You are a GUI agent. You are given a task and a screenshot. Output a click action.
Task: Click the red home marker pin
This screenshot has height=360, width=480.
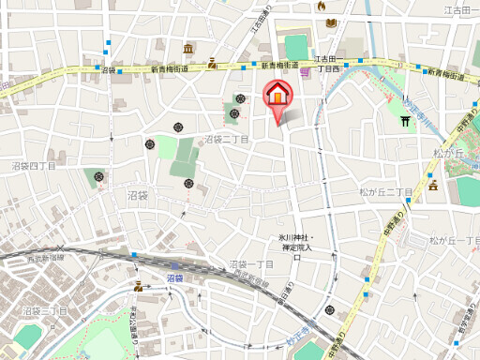(277, 97)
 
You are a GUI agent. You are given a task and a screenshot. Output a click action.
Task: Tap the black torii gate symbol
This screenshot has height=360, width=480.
(406, 120)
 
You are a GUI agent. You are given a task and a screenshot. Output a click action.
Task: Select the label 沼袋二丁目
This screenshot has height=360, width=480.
(227, 139)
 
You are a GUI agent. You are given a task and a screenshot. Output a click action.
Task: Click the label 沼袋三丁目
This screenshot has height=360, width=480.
(45, 309)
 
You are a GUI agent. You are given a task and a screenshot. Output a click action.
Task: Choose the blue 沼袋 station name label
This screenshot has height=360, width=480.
(174, 278)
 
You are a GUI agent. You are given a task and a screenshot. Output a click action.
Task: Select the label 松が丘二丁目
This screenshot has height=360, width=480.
(386, 191)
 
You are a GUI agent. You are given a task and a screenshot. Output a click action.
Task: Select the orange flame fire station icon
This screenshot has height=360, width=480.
(323, 6)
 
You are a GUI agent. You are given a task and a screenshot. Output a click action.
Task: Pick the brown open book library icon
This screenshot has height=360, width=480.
(213, 65)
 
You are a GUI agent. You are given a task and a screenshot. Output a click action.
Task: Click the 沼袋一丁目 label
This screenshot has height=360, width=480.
(251, 265)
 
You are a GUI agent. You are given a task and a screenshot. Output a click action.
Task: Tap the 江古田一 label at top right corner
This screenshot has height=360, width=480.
(460, 10)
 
